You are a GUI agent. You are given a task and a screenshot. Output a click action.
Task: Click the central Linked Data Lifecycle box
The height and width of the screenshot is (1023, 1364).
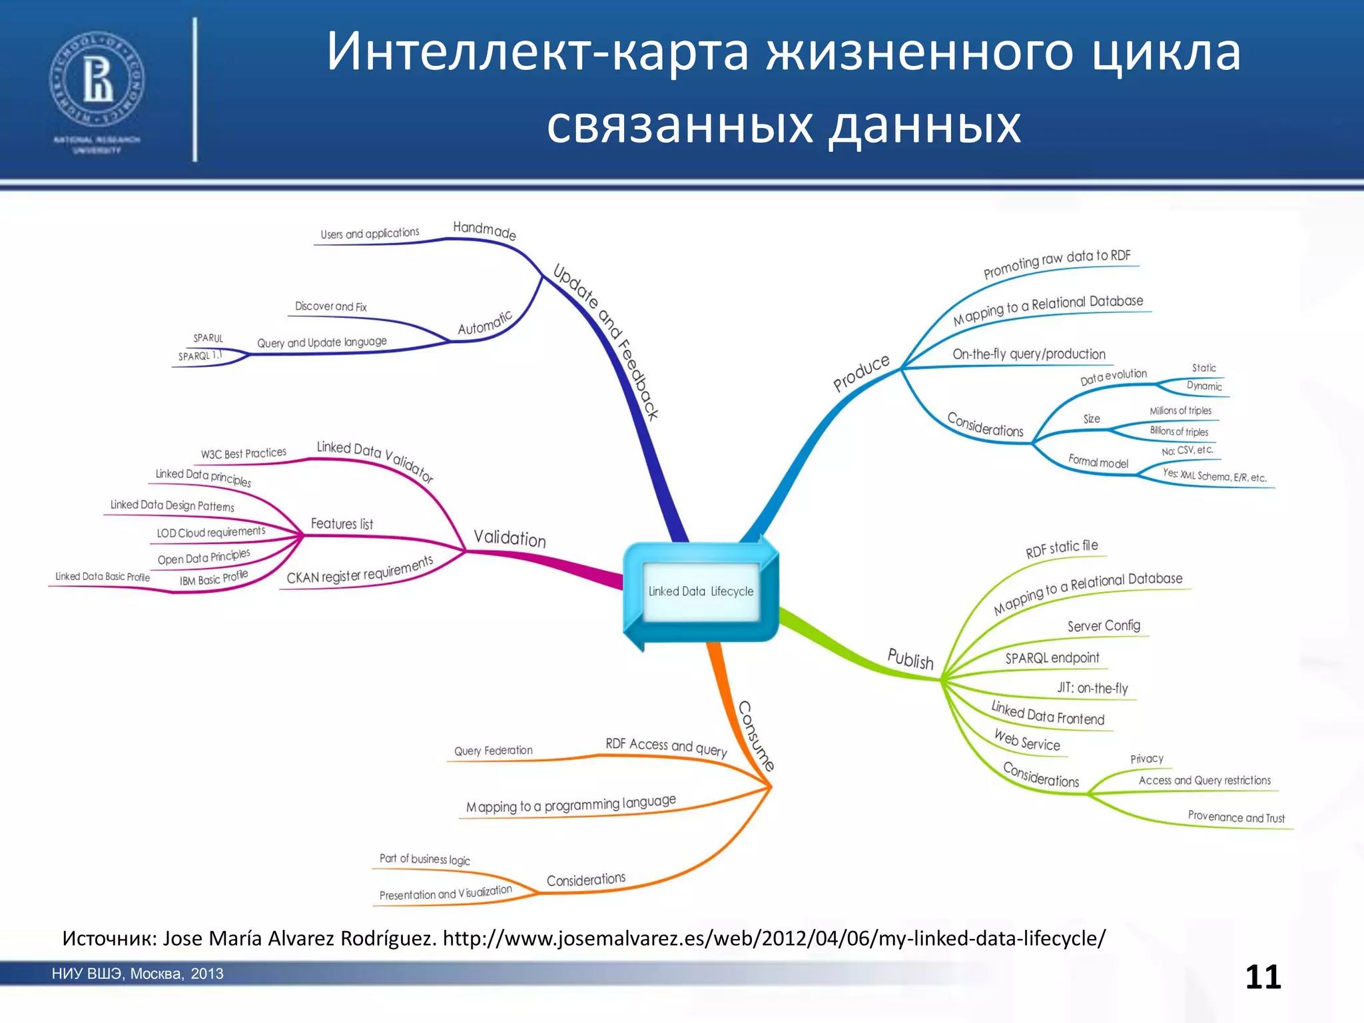click(x=701, y=591)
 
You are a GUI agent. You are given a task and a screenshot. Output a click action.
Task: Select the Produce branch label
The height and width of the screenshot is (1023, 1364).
click(x=861, y=373)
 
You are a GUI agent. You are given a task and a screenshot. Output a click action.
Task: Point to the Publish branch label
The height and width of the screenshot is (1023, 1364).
click(x=910, y=659)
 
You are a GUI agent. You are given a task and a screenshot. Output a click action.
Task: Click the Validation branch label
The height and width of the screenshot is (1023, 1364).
click(x=510, y=537)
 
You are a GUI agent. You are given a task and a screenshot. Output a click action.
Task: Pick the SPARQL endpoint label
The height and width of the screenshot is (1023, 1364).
click(x=1052, y=658)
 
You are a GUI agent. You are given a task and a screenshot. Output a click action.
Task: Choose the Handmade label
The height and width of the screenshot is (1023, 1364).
click(x=484, y=230)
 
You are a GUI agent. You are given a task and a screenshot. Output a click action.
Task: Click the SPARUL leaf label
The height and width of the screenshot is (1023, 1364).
click(x=208, y=338)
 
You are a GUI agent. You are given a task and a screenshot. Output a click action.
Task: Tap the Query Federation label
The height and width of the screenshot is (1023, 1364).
click(x=493, y=751)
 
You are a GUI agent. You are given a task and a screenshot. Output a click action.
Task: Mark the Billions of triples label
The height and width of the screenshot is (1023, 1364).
click(x=1178, y=432)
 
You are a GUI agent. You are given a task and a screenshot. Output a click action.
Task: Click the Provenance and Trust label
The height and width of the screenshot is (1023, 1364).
click(x=1236, y=817)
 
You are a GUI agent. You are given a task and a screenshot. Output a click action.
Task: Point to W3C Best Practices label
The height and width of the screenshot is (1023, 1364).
click(x=243, y=454)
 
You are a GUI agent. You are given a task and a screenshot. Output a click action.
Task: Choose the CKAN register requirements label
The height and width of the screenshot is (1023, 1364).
click(x=360, y=571)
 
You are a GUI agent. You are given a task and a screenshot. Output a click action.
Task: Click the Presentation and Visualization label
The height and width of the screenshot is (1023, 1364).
click(x=446, y=893)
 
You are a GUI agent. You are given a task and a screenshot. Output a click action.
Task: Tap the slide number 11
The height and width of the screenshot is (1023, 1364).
click(x=1263, y=977)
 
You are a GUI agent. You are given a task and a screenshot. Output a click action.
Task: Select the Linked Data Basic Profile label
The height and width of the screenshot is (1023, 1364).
click(x=102, y=577)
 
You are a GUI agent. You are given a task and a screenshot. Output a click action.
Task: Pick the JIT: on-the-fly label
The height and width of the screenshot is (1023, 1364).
click(x=1092, y=688)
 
